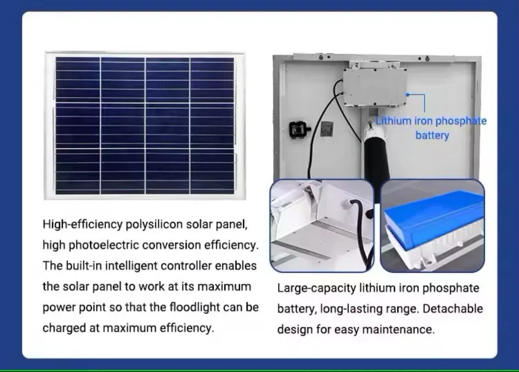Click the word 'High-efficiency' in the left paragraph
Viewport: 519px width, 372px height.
tap(83, 225)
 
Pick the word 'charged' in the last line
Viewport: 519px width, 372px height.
tap(64, 328)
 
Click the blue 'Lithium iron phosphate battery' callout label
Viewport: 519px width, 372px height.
tap(431, 128)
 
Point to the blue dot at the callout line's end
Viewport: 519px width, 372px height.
tap(408, 95)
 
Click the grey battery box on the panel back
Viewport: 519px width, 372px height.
tap(375, 88)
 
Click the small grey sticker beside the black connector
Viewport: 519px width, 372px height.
tap(327, 129)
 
